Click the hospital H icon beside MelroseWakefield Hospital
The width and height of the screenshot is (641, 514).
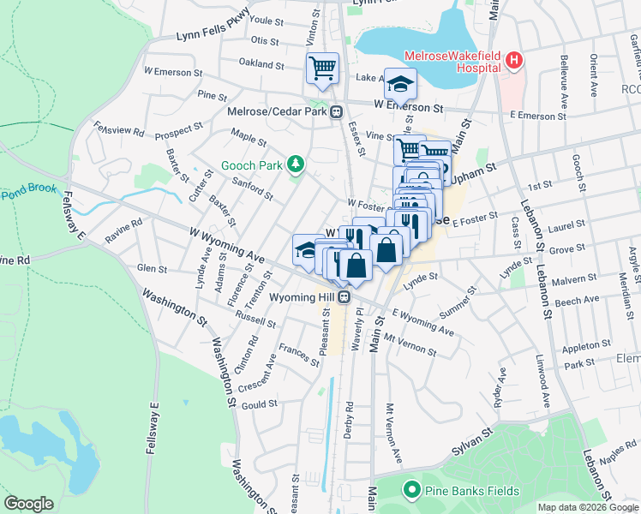point(513,60)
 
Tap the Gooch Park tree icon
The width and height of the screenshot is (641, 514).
point(296,163)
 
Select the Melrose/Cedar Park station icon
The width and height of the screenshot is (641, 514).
point(338,111)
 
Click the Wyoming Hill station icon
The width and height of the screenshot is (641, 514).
point(344,296)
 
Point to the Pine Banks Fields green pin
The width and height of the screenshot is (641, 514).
point(411,491)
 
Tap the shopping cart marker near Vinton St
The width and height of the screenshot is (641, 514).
point(323,69)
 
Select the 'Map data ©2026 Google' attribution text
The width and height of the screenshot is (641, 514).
point(588,507)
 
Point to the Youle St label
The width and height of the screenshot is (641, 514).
point(266,20)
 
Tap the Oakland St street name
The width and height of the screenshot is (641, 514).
point(261,64)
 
